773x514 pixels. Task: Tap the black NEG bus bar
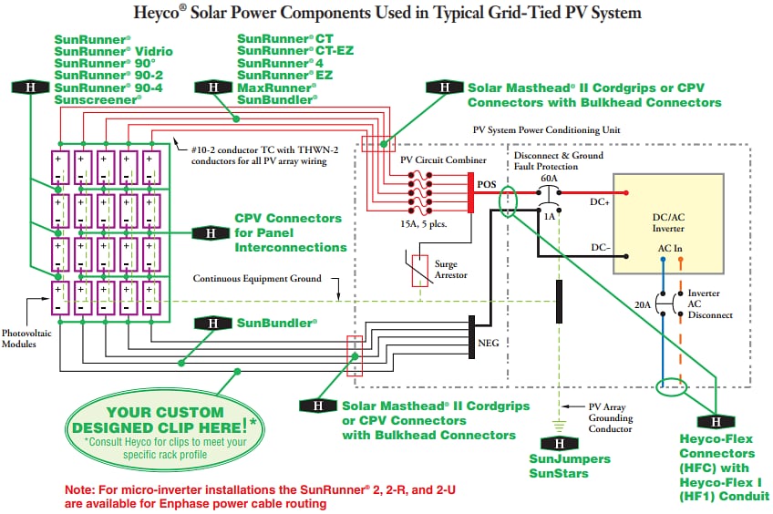pyautogui.click(x=470, y=344)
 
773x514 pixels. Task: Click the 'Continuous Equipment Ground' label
pyautogui.click(x=257, y=280)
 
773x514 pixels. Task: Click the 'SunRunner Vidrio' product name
pyautogui.click(x=113, y=51)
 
